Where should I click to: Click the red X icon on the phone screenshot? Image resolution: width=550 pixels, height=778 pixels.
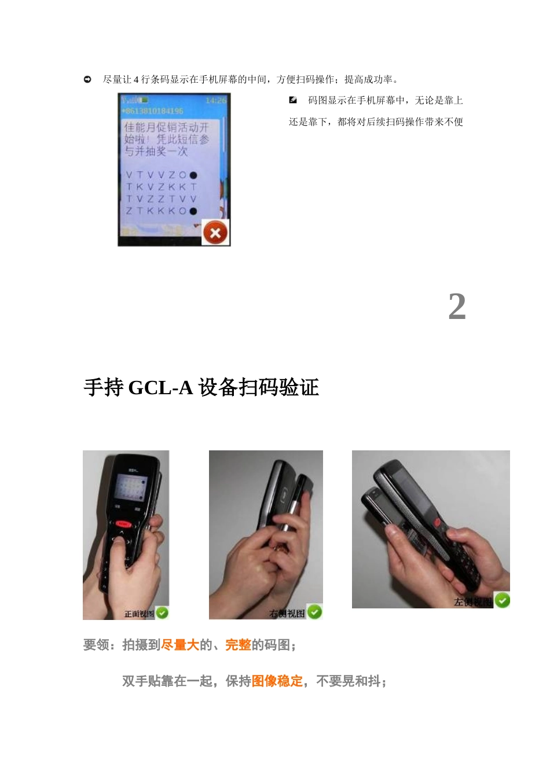click(215, 233)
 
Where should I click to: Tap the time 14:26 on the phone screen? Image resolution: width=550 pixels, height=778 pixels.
click(216, 101)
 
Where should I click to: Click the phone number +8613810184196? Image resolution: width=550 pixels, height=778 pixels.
click(152, 111)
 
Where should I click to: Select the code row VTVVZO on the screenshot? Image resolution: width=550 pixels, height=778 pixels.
click(161, 175)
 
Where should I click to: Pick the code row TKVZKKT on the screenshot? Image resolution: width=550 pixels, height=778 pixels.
click(161, 187)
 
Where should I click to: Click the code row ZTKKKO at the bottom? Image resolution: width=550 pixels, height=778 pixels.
click(161, 211)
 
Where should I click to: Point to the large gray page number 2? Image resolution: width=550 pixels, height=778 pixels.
click(457, 306)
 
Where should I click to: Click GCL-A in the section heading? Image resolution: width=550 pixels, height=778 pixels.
click(160, 387)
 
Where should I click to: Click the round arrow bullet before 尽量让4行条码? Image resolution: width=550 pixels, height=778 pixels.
click(87, 79)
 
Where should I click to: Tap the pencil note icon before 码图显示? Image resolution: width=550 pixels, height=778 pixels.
click(293, 100)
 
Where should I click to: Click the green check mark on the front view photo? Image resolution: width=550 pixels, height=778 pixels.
click(162, 612)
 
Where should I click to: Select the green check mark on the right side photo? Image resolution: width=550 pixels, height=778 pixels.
click(314, 612)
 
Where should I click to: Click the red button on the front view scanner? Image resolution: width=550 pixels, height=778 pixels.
click(123, 524)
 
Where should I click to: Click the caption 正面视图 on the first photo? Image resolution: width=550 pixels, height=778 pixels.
click(139, 614)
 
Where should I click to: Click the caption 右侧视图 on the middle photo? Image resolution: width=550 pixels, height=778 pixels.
click(287, 614)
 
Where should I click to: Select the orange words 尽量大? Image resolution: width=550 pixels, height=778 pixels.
click(180, 645)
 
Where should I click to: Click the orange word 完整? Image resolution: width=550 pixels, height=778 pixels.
click(238, 645)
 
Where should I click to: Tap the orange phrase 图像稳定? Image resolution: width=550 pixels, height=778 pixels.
click(277, 681)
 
